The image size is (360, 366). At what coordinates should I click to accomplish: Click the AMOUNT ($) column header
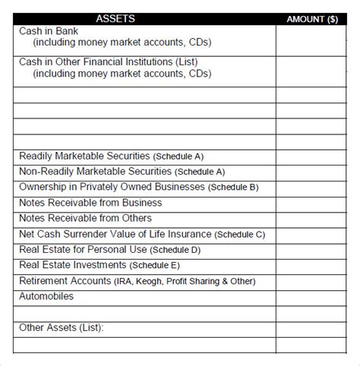coord(312,19)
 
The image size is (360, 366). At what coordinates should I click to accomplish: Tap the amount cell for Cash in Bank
coord(312,40)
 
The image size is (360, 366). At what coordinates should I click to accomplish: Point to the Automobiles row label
coord(46,296)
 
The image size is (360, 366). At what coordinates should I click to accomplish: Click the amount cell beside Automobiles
coord(312,296)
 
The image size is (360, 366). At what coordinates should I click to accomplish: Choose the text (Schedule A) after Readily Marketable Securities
coord(178,156)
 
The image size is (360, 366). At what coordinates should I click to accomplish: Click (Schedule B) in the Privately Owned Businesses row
coord(234,188)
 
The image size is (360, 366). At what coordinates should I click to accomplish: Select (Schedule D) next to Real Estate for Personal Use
coord(175,250)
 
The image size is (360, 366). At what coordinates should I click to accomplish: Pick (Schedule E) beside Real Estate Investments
coord(156,266)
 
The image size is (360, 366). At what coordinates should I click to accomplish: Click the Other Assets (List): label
coord(61,328)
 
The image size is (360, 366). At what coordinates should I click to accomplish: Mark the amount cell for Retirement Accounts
coord(312,281)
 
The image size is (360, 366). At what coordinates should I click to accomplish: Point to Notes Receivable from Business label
coord(90,203)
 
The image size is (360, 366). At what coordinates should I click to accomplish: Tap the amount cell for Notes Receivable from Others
coord(312,219)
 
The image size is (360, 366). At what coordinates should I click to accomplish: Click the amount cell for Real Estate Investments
coord(312,266)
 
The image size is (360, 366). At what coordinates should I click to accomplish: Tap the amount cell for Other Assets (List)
coord(312,328)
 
